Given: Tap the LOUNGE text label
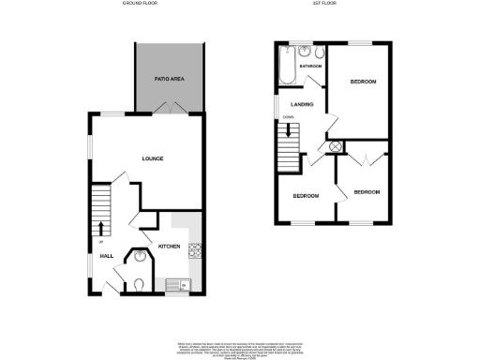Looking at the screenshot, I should pyautogui.click(x=153, y=158).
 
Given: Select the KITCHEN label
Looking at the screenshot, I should pyautogui.click(x=169, y=246).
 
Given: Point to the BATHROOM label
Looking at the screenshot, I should pyautogui.click(x=310, y=68).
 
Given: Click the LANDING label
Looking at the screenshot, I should pyautogui.click(x=302, y=104).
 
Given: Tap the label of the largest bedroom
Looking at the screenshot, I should pyautogui.click(x=363, y=82).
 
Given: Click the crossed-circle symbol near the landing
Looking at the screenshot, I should pyautogui.click(x=335, y=147).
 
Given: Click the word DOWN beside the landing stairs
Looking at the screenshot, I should pyautogui.click(x=288, y=117).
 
